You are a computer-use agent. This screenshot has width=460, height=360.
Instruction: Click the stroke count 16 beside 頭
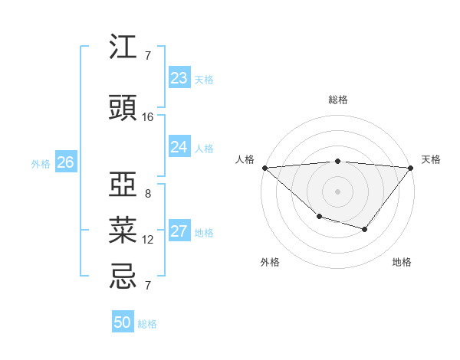[148, 117]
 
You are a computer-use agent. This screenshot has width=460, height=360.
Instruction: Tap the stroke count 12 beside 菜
[148, 240]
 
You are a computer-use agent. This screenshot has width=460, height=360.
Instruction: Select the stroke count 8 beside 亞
[148, 194]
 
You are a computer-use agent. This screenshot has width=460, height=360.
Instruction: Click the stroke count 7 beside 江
[148, 56]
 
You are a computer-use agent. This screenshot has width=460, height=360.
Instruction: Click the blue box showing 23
[179, 78]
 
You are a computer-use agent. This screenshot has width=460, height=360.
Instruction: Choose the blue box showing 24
[179, 147]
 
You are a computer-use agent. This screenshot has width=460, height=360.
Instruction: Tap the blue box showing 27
[179, 232]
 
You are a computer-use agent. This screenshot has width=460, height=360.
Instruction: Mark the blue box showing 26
[66, 162]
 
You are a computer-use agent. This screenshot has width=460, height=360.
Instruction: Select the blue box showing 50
[123, 322]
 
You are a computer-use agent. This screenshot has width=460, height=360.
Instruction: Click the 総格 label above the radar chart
[337, 100]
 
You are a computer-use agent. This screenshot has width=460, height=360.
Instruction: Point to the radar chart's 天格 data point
[410, 168]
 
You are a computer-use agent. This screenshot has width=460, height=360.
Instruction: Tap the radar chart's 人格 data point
[264, 167]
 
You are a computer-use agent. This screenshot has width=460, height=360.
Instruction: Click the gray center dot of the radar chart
[337, 191]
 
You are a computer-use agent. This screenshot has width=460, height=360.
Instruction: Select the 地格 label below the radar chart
[402, 262]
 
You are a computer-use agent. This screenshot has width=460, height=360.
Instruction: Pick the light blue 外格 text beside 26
[41, 163]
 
